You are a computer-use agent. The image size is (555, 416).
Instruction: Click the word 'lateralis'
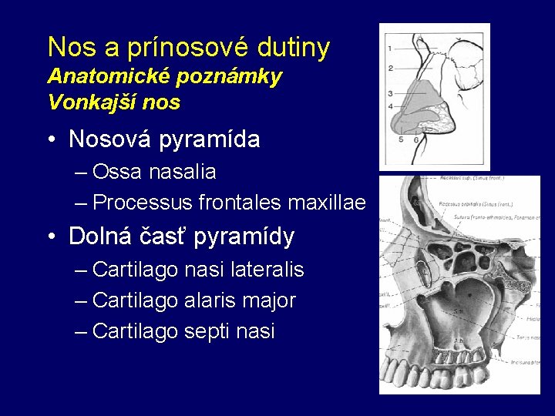(264, 270)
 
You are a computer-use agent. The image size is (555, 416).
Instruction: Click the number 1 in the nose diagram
(390, 48)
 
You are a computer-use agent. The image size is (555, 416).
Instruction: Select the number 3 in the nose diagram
(390, 94)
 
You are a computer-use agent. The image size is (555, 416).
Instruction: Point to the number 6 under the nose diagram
(416, 140)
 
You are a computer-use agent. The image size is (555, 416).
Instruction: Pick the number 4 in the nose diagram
(390, 106)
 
